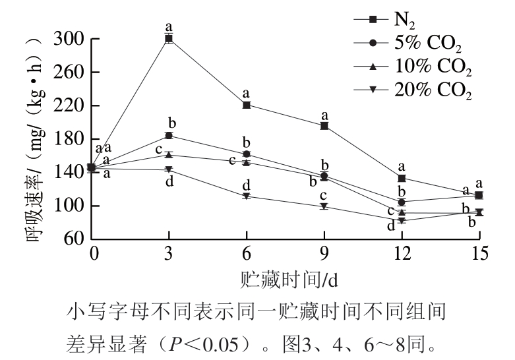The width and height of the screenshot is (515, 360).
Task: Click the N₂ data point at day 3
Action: (x=169, y=39)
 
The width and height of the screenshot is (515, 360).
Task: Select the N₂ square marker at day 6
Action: (x=247, y=105)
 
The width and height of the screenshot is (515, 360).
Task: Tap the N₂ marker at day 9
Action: (x=324, y=125)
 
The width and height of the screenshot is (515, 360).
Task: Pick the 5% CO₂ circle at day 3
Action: (x=169, y=135)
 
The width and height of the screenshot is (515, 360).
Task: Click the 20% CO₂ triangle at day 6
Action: (x=247, y=196)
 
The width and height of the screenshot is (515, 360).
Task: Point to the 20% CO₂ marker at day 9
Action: (x=324, y=206)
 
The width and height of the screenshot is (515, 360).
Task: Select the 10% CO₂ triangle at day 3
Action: (x=169, y=154)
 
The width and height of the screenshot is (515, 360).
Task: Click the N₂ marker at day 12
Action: (x=402, y=178)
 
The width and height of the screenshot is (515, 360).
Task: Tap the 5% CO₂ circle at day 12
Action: (x=402, y=202)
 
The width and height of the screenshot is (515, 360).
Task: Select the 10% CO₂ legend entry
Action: (x=422, y=67)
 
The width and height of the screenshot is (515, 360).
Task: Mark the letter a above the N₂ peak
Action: (x=169, y=26)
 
